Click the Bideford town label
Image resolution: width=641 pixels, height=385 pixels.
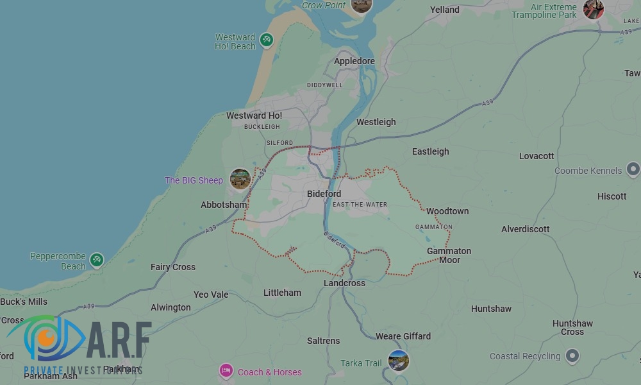pyautogui.click(x=324, y=194)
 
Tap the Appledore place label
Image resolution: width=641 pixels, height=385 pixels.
pyautogui.click(x=354, y=62)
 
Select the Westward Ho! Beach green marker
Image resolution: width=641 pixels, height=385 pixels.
pyautogui.click(x=266, y=40)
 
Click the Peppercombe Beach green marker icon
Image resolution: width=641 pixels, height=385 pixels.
pyautogui.click(x=96, y=260)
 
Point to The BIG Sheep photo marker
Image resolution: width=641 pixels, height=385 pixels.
pyautogui.click(x=240, y=179)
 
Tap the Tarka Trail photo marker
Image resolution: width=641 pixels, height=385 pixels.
pyautogui.click(x=398, y=361)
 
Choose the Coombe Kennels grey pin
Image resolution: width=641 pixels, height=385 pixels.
pyautogui.click(x=633, y=170)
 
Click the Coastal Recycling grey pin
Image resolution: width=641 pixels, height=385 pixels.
pyautogui.click(x=572, y=355)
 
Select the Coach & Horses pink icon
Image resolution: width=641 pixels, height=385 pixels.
pyautogui.click(x=226, y=371)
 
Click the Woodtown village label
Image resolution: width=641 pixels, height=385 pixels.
pyautogui.click(x=447, y=211)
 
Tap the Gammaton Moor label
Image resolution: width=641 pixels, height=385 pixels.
pyautogui.click(x=449, y=255)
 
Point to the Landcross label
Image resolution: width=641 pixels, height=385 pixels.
pyautogui.click(x=344, y=283)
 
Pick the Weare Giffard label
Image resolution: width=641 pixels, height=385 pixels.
pyautogui.click(x=403, y=336)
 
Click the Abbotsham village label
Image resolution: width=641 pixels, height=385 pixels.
pyautogui.click(x=224, y=205)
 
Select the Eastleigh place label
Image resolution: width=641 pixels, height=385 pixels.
pyautogui.click(x=430, y=152)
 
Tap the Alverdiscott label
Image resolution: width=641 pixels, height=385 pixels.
pyautogui.click(x=525, y=229)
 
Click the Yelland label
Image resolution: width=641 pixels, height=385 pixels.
pyautogui.click(x=445, y=10)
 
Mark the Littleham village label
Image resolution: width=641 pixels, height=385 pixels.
pyautogui.click(x=282, y=293)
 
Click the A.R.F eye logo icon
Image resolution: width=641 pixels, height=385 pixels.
pyautogui.click(x=45, y=338)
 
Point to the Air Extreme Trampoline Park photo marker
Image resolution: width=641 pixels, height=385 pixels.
pyautogui.click(x=593, y=9)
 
